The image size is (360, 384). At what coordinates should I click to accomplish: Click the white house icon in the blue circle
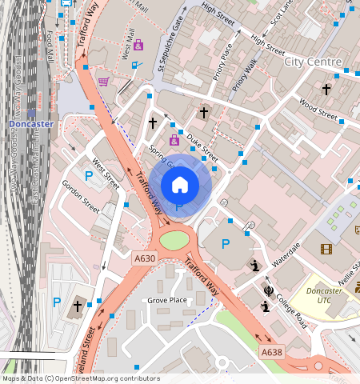(180, 185)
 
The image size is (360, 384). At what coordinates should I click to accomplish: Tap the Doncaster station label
(30, 125)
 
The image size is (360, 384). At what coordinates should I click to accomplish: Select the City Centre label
(313, 62)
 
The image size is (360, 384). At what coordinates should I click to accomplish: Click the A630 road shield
(145, 258)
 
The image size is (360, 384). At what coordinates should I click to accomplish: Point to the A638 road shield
(271, 352)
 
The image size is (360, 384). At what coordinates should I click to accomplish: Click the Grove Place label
(166, 300)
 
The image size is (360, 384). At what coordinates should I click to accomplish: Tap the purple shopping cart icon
(103, 81)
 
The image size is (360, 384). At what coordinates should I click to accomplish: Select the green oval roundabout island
(176, 240)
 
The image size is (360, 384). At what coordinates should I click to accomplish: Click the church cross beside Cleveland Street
(78, 306)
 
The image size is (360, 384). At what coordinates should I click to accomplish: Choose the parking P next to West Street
(88, 175)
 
